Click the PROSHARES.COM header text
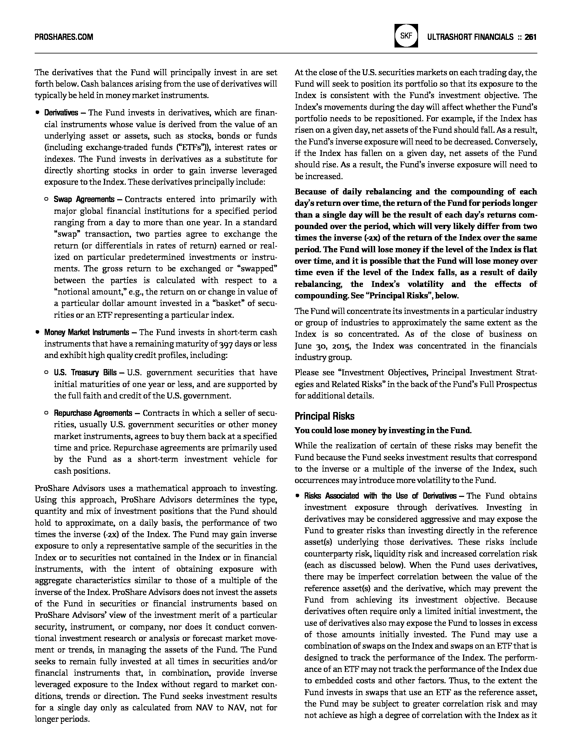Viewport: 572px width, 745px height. coord(64,37)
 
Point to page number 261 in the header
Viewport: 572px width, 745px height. coord(531,37)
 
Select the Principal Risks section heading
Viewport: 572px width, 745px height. coord(324,416)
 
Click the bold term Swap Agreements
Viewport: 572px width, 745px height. coord(84,199)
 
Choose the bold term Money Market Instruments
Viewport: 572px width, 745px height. coord(86,332)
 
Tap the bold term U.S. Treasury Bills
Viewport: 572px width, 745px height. coord(85,373)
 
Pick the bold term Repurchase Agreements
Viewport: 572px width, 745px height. coord(93,413)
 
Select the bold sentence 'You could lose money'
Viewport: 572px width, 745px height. coord(383,430)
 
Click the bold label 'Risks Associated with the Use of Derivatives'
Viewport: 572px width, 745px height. coord(380,496)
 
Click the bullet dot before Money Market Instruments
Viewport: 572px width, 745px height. coord(37,332)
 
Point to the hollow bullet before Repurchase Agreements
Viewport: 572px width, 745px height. coord(46,413)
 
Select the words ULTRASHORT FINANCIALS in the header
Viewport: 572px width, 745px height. coord(470,37)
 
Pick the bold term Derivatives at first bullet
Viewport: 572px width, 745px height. coord(61,113)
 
